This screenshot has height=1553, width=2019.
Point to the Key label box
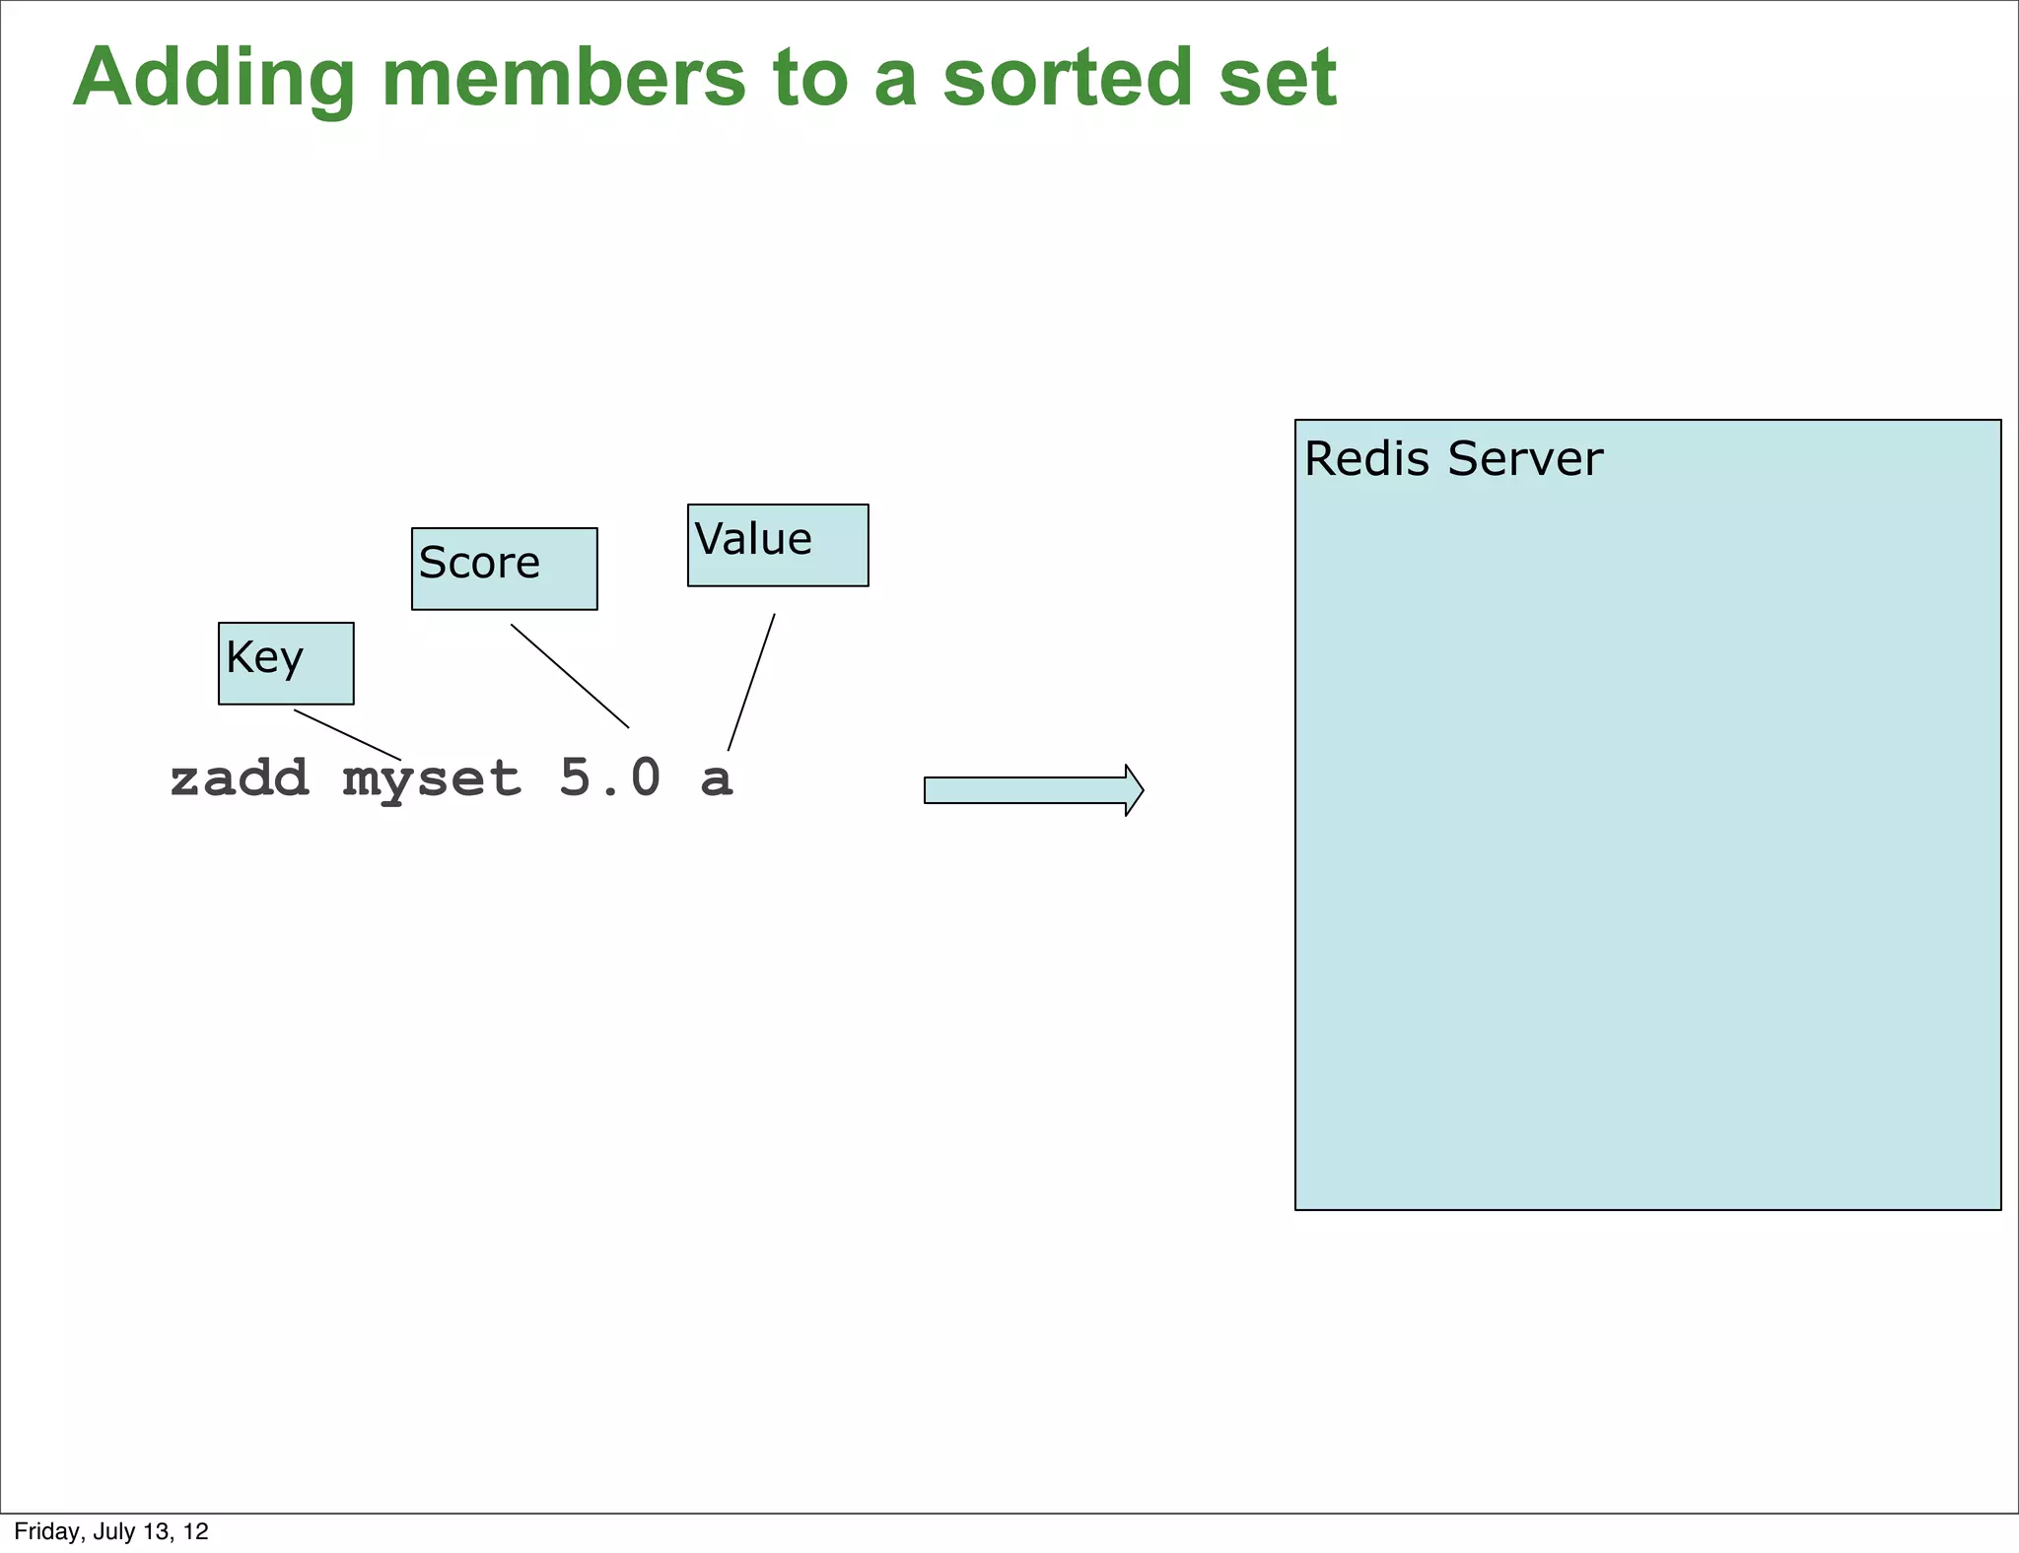(286, 663)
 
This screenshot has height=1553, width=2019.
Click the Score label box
(504, 569)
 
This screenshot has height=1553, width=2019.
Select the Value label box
(778, 545)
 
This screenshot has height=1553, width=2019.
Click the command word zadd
(240, 778)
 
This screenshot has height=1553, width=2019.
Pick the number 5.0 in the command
(610, 778)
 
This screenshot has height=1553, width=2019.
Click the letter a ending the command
(717, 779)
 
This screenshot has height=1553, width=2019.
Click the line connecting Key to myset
(348, 735)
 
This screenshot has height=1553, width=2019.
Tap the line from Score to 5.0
(570, 676)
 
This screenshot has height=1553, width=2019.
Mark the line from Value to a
(751, 682)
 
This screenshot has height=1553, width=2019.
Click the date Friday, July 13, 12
(111, 1531)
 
